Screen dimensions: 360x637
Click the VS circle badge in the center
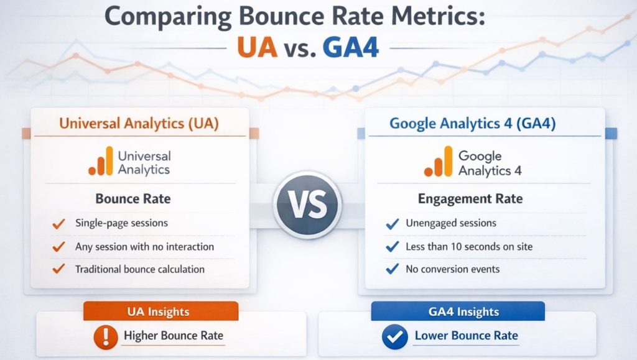(x=308, y=205)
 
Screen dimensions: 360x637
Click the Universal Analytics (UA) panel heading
(x=139, y=123)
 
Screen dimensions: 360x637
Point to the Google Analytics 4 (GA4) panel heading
(x=472, y=123)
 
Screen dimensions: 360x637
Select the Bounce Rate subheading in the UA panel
(x=133, y=200)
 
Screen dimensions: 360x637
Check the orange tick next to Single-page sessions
(x=59, y=223)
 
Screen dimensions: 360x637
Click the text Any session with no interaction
(x=144, y=247)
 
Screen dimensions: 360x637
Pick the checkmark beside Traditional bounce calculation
(x=59, y=270)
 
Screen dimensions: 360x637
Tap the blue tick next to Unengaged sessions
(x=392, y=224)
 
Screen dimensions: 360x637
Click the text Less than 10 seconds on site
(x=469, y=247)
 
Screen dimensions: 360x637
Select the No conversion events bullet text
(x=452, y=269)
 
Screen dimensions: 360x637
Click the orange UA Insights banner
(x=160, y=312)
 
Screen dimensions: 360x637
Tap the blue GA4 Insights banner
(x=458, y=312)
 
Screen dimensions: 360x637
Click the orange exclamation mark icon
(x=106, y=337)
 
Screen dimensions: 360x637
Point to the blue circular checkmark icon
(x=394, y=337)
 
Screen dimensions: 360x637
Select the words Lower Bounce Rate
(x=466, y=336)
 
